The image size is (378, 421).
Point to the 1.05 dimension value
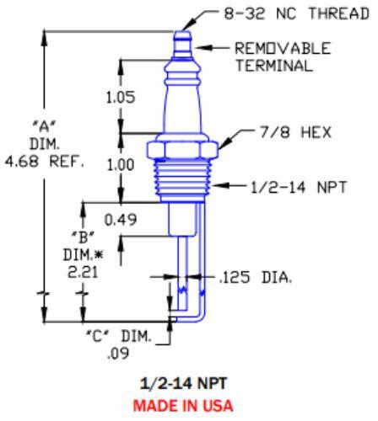pyautogui.click(x=121, y=99)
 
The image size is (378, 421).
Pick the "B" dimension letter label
pyautogui.click(x=85, y=237)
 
